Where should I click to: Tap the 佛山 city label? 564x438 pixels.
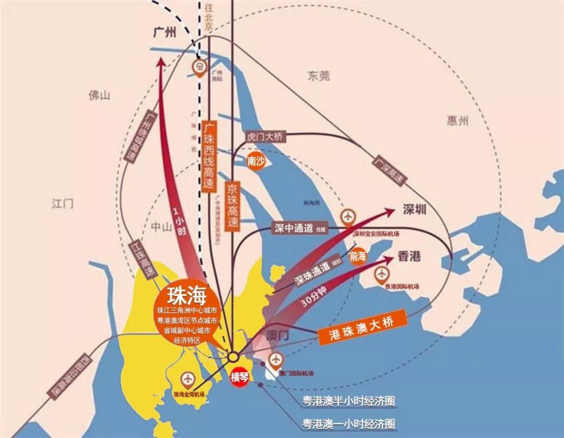pyautogui.click(x=99, y=95)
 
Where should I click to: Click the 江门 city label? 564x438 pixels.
pyautogui.click(x=63, y=203)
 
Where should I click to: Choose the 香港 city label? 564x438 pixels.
pyautogui.click(x=409, y=257)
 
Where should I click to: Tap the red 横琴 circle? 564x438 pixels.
pyautogui.click(x=240, y=378)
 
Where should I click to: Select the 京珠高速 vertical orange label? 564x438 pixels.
pyautogui.click(x=232, y=206)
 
